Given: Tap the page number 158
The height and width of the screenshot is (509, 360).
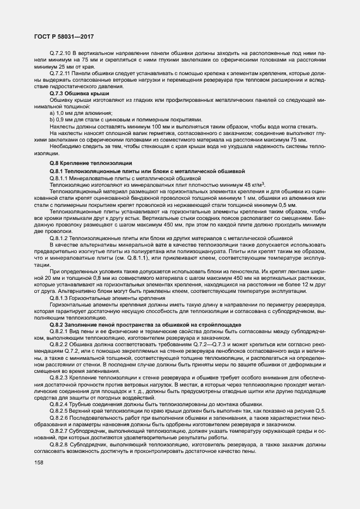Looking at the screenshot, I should (x=39, y=463).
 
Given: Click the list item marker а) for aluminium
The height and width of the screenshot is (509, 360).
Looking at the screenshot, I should (x=52, y=112).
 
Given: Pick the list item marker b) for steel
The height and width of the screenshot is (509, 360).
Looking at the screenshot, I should (x=52, y=119).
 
